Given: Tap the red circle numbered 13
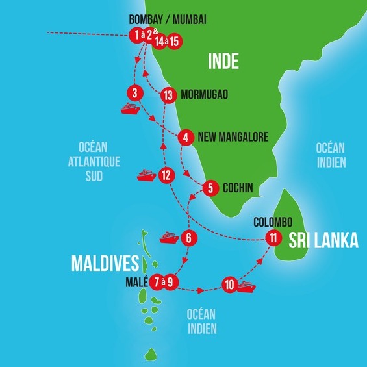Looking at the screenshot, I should [168, 95].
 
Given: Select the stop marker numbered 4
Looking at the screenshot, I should [186, 137].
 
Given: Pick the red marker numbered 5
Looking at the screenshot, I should [210, 188].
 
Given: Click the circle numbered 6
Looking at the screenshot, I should [188, 238].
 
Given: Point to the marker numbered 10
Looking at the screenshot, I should [229, 284].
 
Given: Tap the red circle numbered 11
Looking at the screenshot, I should [273, 238].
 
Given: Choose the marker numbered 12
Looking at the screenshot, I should [167, 175].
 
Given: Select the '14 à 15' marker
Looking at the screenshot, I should [167, 40].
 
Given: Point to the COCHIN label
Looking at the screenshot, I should [237, 188].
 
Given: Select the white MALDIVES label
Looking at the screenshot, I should [105, 263].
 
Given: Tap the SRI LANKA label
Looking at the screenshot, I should [323, 240].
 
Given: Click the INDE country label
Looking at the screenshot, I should [223, 62].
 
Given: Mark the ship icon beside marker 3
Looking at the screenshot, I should [131, 108].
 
